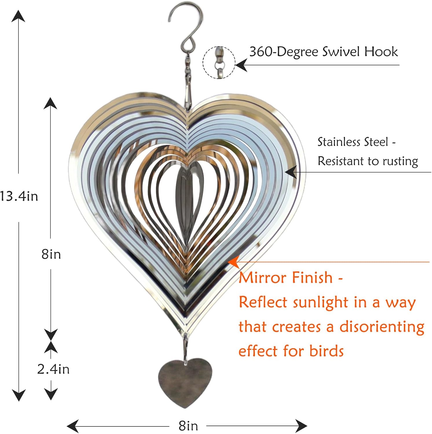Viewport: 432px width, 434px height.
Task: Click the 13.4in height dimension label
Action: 19,196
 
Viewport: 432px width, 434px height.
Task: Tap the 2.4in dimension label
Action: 54,369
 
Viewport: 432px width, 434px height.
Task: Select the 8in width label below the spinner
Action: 188,426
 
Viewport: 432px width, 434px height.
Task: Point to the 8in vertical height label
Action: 51,254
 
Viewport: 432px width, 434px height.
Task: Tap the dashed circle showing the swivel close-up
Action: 219,62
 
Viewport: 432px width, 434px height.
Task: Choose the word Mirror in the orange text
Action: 262,277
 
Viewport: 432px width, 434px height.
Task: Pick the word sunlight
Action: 321,303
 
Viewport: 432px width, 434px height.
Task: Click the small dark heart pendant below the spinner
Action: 185,382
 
